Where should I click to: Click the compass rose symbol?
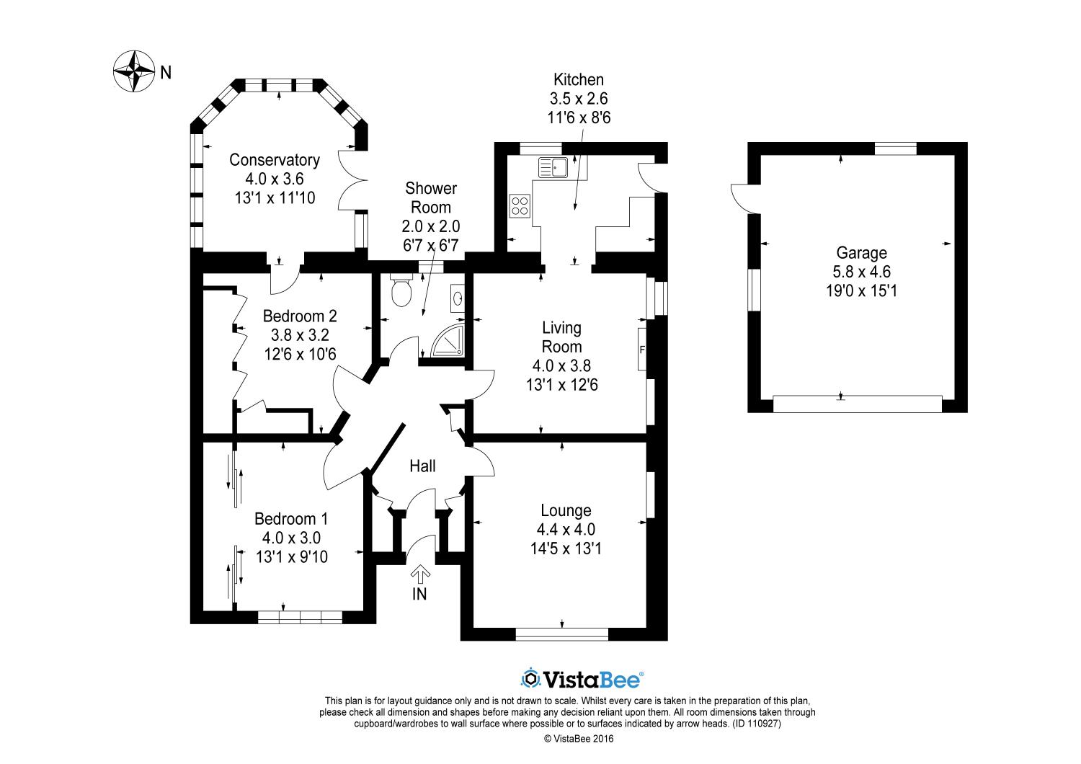click(134, 71)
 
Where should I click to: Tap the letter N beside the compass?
click(166, 72)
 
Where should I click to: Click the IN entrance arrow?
click(419, 574)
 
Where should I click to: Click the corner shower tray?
click(448, 341)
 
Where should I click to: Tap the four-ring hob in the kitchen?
click(520, 206)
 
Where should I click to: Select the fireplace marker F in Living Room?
click(642, 350)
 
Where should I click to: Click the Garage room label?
click(861, 253)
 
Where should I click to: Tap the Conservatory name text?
click(274, 160)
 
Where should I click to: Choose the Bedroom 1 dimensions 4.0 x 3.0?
click(291, 538)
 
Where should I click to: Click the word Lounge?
click(566, 511)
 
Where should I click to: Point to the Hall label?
click(422, 466)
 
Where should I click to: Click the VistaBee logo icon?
click(531, 678)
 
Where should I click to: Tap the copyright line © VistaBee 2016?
click(579, 738)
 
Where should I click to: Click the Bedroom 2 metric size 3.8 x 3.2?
click(299, 335)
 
